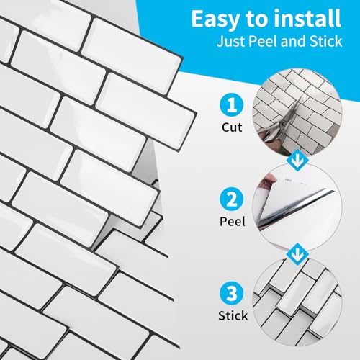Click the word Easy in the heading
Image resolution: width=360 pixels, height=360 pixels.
click(x=216, y=20)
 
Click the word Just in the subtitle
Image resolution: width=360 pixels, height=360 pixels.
click(x=231, y=42)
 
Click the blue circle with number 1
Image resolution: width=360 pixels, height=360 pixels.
click(x=231, y=105)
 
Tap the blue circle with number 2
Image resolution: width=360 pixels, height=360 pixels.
click(x=231, y=199)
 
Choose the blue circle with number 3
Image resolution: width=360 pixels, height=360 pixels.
click(x=231, y=293)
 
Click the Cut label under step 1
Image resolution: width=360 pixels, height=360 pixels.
click(x=232, y=127)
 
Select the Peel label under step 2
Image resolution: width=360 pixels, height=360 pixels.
click(x=233, y=221)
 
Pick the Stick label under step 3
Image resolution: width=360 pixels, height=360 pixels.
click(x=233, y=315)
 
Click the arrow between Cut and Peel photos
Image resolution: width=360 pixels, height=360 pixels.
click(x=297, y=160)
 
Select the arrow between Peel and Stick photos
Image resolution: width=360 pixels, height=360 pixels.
click(x=297, y=254)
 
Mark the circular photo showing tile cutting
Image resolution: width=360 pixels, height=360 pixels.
click(x=297, y=113)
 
